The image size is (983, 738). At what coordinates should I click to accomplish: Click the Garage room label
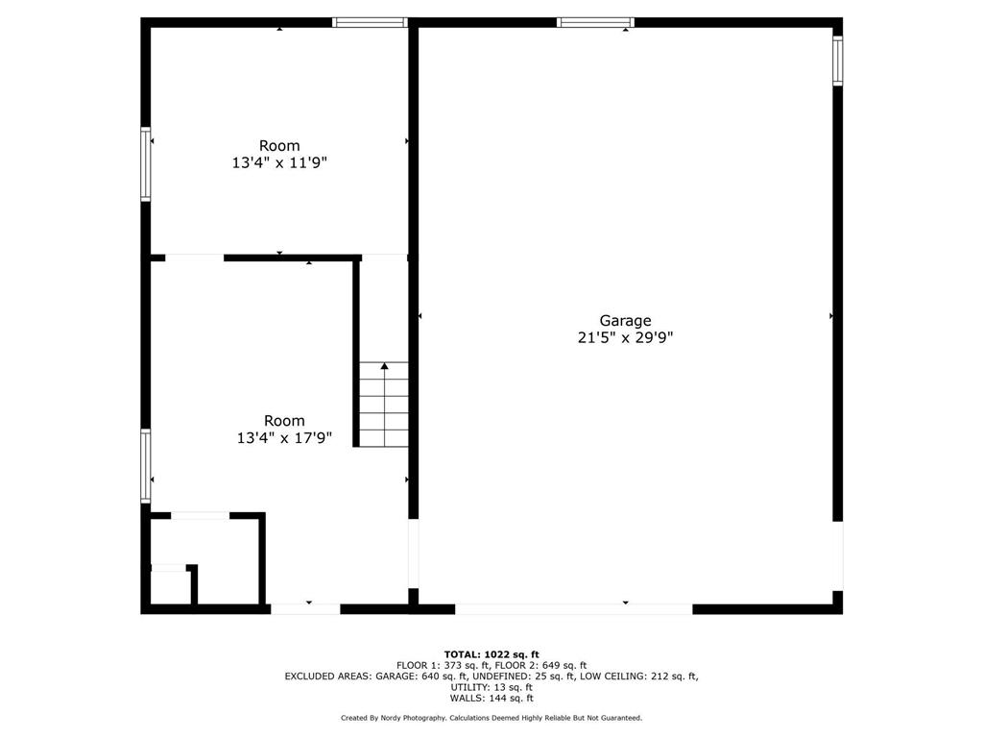coord(625,321)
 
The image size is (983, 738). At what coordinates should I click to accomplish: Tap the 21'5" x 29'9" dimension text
coord(625,337)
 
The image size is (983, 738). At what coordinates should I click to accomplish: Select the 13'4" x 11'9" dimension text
coord(279,162)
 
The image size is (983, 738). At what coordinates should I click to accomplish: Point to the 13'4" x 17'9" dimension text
coord(284,437)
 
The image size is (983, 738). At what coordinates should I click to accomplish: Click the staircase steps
coord(384,405)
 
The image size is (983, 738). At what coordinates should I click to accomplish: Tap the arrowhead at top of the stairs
coord(384,366)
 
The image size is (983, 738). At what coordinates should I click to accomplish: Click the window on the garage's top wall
coord(595,23)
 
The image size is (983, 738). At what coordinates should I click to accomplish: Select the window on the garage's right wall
coord(837,61)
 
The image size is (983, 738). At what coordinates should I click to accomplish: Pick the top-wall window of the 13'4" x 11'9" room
coord(370,23)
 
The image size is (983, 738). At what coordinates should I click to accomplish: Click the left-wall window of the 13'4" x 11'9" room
coord(146,164)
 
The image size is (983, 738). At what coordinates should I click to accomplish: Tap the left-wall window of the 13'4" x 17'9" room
coord(146,466)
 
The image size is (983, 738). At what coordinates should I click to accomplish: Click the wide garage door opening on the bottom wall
coord(574,608)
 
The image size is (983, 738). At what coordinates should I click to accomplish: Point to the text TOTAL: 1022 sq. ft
coord(491,654)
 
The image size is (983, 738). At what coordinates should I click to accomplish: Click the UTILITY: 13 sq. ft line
coord(491,687)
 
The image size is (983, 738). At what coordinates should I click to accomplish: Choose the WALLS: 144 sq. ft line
coord(491,698)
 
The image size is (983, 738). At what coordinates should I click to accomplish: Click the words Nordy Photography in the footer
coord(413,718)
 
